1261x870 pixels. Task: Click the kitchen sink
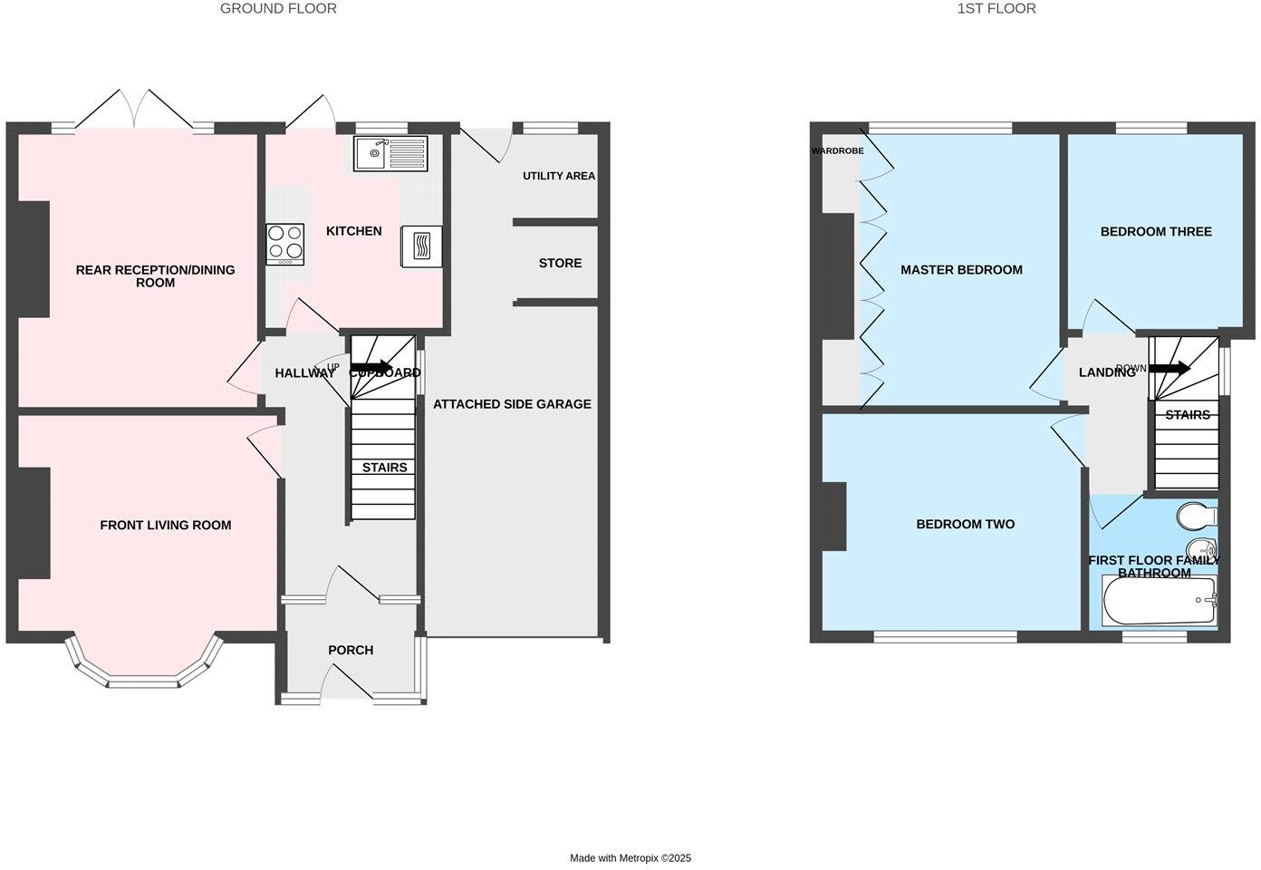point(390,153)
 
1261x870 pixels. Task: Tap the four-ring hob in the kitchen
point(285,243)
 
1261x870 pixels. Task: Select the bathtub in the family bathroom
point(1160,601)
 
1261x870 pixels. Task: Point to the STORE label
point(560,263)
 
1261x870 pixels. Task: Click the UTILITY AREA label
point(559,176)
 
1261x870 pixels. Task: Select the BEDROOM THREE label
point(1156,231)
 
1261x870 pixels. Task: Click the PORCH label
point(351,650)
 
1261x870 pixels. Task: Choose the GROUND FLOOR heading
point(278,8)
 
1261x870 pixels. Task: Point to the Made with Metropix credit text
point(630,857)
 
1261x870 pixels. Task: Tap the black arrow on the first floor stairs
point(1171,368)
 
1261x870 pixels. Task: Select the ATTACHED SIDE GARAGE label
point(512,404)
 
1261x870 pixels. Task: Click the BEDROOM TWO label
point(965,524)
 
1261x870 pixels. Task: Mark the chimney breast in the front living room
point(34,523)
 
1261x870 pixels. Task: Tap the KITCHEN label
point(354,231)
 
